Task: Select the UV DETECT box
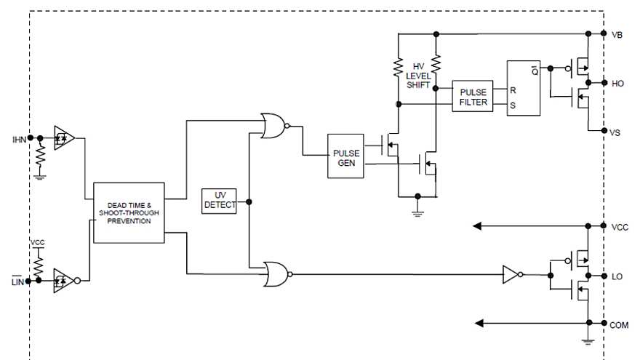tap(219, 201)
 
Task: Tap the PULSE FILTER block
tap(473, 97)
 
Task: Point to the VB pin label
tap(617, 35)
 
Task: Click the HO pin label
tap(617, 84)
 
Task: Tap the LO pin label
tap(617, 277)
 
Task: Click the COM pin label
tap(619, 325)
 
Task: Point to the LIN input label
tap(19, 281)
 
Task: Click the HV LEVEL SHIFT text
tap(417, 76)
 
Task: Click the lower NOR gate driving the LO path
tap(276, 274)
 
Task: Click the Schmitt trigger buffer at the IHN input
tap(64, 137)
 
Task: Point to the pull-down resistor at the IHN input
tap(40, 155)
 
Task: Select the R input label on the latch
tap(513, 91)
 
